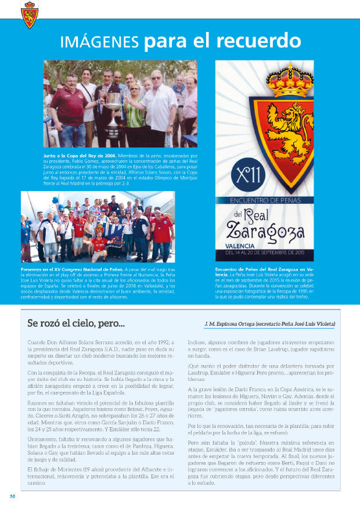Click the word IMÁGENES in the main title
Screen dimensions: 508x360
pos(100,42)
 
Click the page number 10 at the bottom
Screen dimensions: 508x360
pos(12,496)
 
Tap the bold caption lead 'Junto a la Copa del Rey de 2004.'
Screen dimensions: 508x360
pos(80,156)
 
